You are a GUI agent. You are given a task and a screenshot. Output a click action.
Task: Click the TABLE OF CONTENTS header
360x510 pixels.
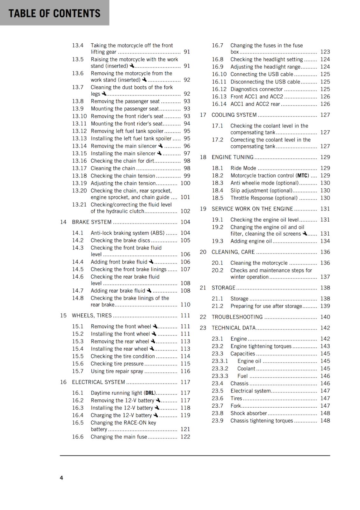tap(54, 13)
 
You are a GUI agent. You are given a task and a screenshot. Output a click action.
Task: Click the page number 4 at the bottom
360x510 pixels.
tap(61, 477)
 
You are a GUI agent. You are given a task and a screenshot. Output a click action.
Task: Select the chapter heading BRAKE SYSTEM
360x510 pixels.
tap(92, 222)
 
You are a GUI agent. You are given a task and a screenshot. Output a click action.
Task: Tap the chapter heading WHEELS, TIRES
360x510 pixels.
tap(92, 315)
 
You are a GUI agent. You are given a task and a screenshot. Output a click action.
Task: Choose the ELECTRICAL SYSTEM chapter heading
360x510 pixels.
tap(98, 382)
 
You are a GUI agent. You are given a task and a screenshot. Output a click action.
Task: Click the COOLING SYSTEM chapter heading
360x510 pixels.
tap(234, 115)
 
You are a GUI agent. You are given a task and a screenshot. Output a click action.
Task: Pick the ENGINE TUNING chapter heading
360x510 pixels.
tap(233, 157)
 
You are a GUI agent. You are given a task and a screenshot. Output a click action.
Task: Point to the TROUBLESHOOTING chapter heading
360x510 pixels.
tap(237, 317)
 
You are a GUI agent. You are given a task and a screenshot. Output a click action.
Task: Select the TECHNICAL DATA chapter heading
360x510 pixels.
tap(234, 328)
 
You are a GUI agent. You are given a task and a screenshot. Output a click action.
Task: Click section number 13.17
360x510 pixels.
tap(79, 168)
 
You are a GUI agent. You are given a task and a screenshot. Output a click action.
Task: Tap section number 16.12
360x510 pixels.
tap(219, 89)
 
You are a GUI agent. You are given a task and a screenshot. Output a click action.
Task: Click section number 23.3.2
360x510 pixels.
tap(220, 368)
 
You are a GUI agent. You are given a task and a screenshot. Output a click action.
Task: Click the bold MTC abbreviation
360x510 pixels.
tap(303, 176)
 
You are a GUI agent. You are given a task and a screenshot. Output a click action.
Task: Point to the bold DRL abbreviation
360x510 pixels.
tap(150, 393)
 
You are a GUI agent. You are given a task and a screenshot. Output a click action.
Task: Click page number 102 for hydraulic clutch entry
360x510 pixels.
tap(185, 211)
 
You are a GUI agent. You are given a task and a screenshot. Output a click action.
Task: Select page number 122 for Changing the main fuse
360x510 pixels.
tap(185, 437)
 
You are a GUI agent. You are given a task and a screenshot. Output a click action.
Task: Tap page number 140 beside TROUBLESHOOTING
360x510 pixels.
tap(325, 317)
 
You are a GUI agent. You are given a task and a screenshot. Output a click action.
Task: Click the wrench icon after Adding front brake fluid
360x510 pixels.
tap(151, 262)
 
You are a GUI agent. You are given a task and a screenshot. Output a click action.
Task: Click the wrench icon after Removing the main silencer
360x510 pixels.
tap(161, 146)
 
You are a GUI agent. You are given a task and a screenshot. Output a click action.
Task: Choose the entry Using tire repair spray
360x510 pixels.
tap(117, 371)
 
